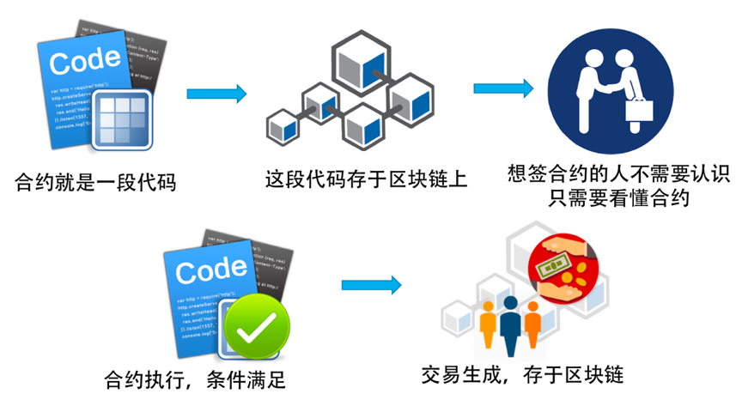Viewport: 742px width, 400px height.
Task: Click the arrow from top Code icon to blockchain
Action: tap(216, 94)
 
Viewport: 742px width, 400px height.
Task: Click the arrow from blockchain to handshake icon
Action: tap(503, 88)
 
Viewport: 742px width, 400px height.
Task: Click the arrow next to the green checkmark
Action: tap(371, 285)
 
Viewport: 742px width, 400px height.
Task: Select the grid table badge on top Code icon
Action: tap(122, 118)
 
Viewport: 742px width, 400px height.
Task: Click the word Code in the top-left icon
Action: tap(84, 62)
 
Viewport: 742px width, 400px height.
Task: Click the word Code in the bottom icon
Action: tap(211, 271)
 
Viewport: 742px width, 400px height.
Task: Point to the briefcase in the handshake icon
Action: tap(640, 110)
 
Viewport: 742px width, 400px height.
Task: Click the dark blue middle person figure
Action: tap(510, 324)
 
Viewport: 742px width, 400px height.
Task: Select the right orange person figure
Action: tap(532, 326)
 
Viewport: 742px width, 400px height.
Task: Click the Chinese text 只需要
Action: tap(578, 199)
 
